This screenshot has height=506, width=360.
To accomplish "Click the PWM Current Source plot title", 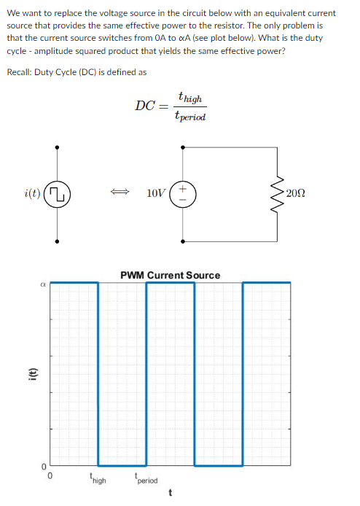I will click(x=170, y=275).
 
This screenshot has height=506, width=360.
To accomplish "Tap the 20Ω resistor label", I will click(x=297, y=193).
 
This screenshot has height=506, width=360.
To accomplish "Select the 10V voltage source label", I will click(x=155, y=193).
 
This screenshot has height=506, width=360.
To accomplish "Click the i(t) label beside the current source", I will click(x=32, y=193).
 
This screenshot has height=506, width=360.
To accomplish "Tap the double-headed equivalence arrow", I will click(x=120, y=193).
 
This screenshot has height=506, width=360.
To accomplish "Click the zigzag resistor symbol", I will click(x=278, y=193).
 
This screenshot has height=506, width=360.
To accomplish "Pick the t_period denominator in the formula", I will click(x=190, y=116).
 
